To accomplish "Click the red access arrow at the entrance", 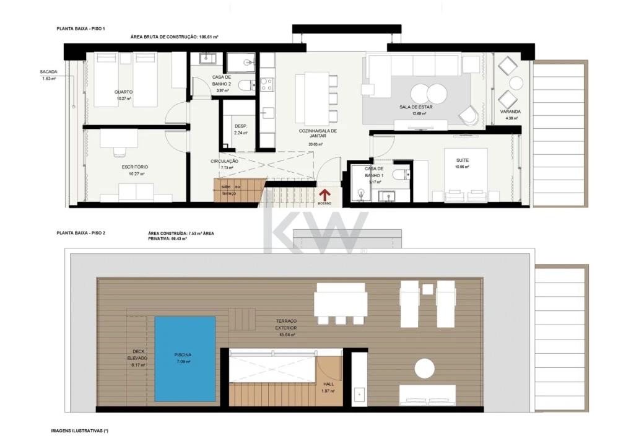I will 323,195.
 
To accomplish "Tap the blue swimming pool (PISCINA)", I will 185,358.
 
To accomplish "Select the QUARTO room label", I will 123,92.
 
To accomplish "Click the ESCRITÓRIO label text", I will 134,167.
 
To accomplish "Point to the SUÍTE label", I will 461,160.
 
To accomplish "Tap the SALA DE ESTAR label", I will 416,107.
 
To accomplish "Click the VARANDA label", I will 510,111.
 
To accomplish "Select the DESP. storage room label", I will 241,126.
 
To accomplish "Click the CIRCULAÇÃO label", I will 224,161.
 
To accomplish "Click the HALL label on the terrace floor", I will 328,384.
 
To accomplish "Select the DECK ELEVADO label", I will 137,354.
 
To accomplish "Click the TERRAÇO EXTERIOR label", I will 286,324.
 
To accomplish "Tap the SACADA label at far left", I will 48,72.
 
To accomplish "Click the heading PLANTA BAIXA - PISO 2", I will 81,233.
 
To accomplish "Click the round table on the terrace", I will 425,368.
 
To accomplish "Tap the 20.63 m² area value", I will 316,144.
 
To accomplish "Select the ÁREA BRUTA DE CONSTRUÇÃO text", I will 164,37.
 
